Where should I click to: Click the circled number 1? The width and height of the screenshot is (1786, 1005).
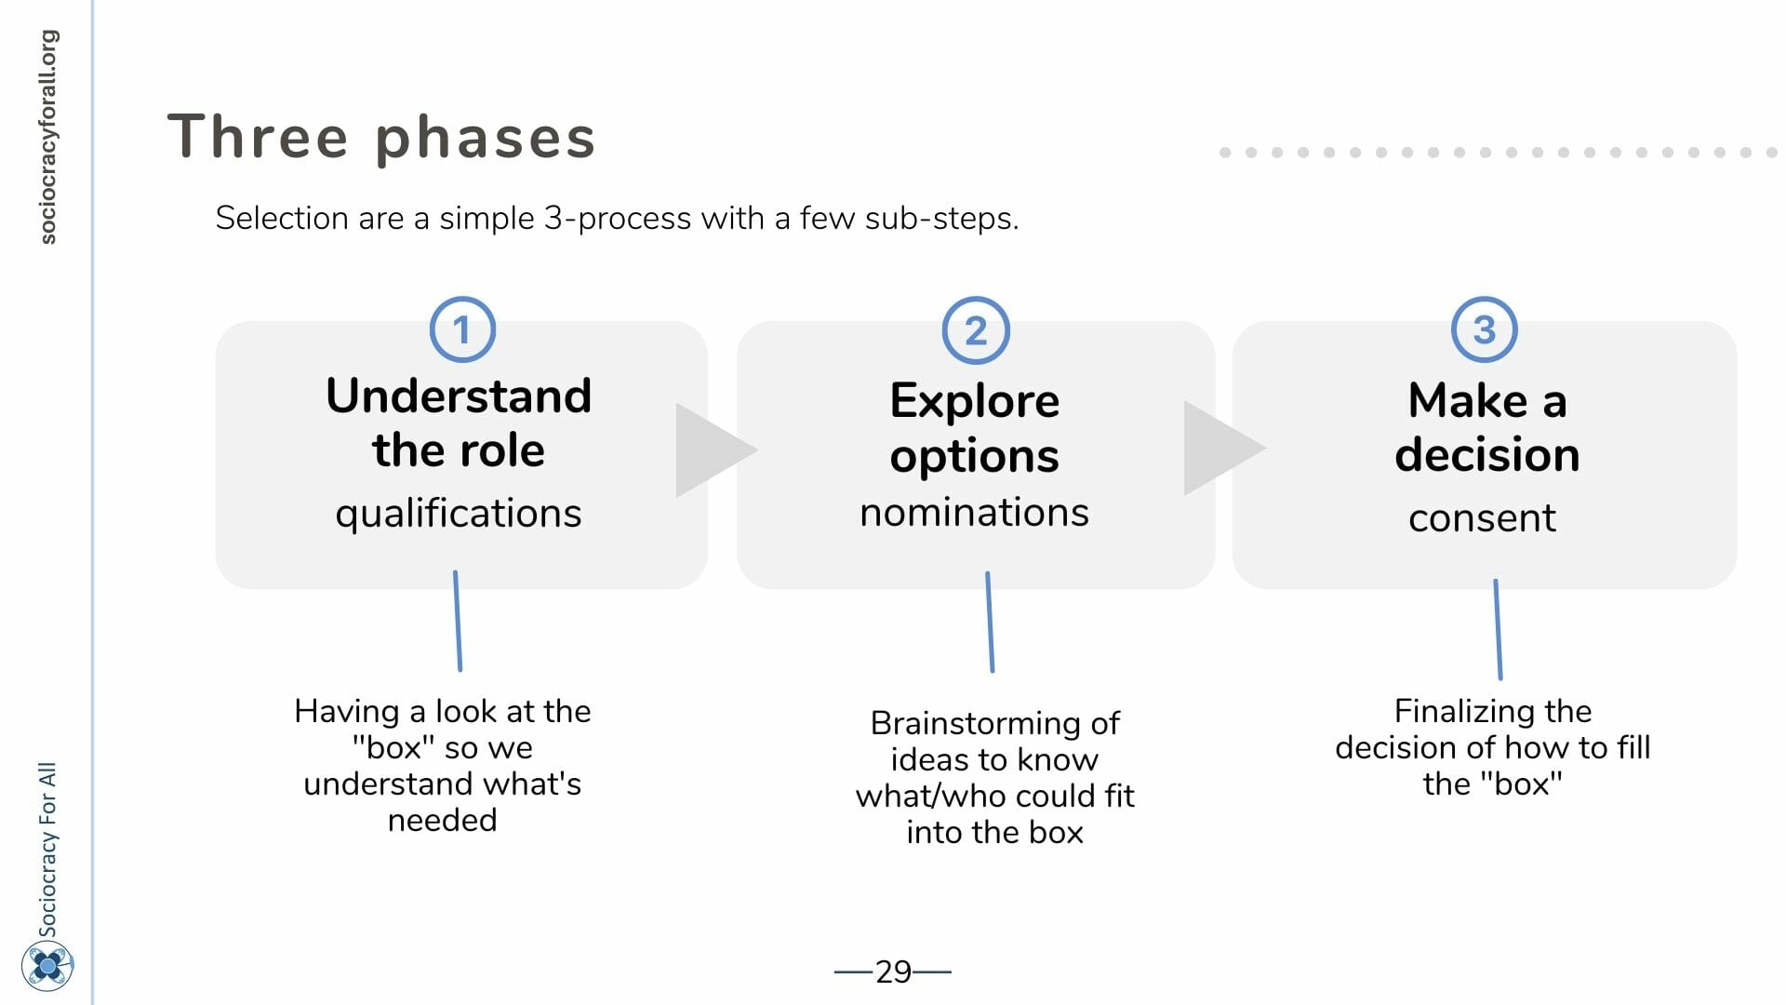462,329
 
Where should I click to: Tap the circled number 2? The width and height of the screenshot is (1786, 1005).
976,330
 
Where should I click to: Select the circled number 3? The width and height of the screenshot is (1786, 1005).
1485,329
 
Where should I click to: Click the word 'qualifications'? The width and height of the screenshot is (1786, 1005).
459,514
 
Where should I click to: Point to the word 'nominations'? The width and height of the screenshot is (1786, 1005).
974,512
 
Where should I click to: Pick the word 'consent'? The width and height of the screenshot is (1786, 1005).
1482,517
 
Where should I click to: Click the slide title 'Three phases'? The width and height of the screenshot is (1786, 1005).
381,137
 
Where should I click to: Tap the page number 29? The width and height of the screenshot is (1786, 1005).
893,971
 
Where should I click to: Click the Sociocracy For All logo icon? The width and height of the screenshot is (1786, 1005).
47,966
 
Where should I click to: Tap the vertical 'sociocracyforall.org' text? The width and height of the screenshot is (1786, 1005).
47,137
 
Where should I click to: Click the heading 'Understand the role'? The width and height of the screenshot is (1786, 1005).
459,422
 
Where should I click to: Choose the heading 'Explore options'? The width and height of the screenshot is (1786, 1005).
975,427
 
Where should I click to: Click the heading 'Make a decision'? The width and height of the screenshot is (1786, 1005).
1486,427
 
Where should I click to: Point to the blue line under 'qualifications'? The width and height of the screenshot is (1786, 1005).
458,621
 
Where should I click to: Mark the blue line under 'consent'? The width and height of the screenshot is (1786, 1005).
1498,629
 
